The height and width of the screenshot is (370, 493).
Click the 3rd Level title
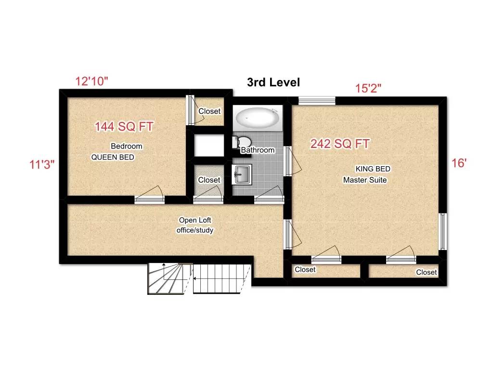pyautogui.click(x=273, y=82)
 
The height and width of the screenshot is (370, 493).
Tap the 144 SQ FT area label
pyautogui.click(x=124, y=127)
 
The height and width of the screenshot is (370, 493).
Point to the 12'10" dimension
pyautogui.click(x=91, y=81)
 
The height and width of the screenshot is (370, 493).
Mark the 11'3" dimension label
pyautogui.click(x=41, y=164)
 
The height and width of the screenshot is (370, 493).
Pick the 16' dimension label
pyautogui.click(x=459, y=163)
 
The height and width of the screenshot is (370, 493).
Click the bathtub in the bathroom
pyautogui.click(x=258, y=118)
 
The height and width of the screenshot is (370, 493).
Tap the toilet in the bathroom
pyautogui.click(x=241, y=142)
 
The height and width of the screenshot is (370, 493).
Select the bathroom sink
pyautogui.click(x=241, y=174)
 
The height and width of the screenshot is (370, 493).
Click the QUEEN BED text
pyautogui.click(x=113, y=157)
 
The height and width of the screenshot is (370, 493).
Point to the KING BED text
pyautogui.click(x=373, y=169)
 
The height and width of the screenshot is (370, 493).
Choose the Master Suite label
pyautogui.click(x=365, y=180)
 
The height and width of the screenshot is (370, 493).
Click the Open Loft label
pyautogui.click(x=195, y=220)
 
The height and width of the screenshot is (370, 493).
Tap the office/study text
pyautogui.click(x=195, y=230)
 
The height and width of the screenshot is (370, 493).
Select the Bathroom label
pyautogui.click(x=258, y=150)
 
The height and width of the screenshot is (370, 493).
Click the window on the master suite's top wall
pyautogui.click(x=316, y=101)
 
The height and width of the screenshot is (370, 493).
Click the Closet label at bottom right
pyautogui.click(x=426, y=272)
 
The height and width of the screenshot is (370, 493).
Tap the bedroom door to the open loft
pyautogui.click(x=149, y=199)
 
